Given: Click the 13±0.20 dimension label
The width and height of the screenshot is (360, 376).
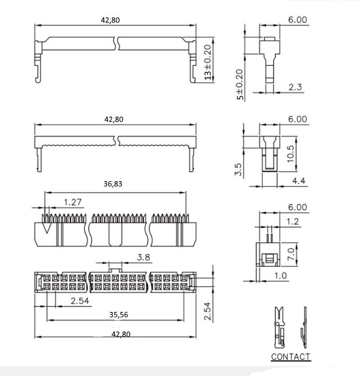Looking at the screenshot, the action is point(208,62).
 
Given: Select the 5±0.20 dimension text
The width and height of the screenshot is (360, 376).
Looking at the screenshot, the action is point(240,85).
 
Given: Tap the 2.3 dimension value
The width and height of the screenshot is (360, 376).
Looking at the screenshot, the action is point(295,87).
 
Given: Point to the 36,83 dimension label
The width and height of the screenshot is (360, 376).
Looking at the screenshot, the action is point(113,184).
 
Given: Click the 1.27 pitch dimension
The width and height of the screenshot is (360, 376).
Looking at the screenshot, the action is point(73,202).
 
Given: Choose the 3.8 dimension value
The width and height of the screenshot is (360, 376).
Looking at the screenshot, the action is point(144,257).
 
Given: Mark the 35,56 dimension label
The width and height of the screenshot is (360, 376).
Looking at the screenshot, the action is point(119,315).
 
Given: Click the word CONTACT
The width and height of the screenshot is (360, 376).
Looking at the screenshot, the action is point(291,356).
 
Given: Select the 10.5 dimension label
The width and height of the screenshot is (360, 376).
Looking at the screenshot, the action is point(290,154).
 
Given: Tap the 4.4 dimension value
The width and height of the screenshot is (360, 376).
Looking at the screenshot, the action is point(299,181).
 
